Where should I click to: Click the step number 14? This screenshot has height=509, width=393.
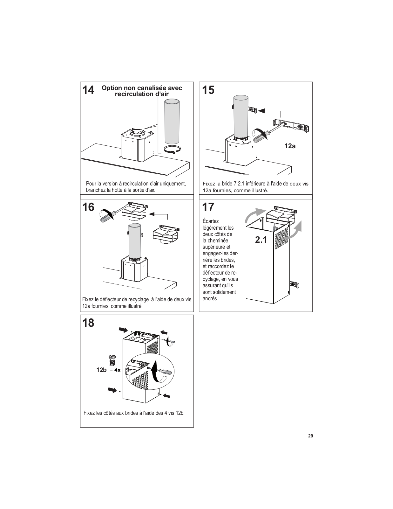(x=89, y=90)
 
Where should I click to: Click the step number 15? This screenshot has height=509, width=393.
(x=208, y=90)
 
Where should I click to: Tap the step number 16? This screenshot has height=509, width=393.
(x=89, y=207)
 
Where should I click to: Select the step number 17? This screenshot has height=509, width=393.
(x=208, y=207)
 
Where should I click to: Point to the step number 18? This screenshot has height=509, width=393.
(x=89, y=323)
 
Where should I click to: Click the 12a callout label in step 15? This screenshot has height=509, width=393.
(x=290, y=146)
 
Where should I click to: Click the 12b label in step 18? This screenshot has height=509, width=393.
(x=101, y=370)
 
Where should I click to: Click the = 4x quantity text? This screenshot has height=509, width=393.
(x=115, y=370)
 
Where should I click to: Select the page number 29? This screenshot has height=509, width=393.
(x=310, y=436)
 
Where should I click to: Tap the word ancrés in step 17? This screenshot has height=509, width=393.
(x=210, y=298)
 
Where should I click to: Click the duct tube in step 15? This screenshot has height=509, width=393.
(x=241, y=116)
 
